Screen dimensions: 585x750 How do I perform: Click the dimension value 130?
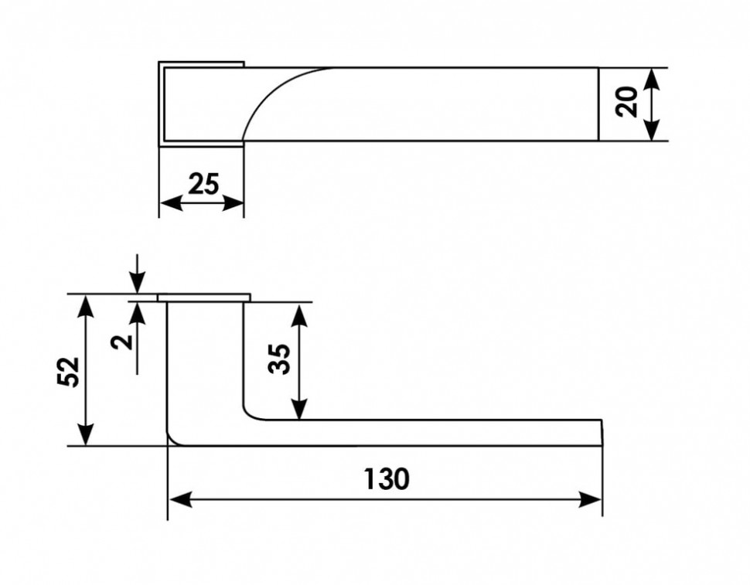tap(387, 479)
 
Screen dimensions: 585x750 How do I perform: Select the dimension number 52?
tap(69, 372)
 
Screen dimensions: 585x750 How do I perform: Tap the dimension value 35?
tap(281, 359)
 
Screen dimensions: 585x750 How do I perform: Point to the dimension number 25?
tap(203, 184)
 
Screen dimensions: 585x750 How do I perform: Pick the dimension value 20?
tap(627, 102)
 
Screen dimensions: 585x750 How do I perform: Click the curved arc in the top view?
tap(271, 93)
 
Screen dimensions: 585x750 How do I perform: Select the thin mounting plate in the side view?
tap(204, 298)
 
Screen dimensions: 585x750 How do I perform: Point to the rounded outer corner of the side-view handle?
tap(173, 440)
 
